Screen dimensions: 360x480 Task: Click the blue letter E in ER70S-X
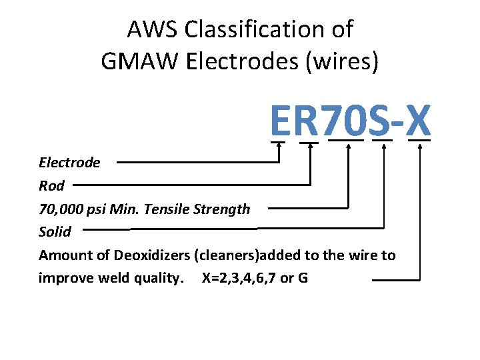click(x=281, y=121)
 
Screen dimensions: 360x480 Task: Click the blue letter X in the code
click(x=419, y=121)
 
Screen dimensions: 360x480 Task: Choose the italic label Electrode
click(x=69, y=163)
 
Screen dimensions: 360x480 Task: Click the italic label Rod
click(x=51, y=186)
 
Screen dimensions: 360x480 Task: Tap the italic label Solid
click(x=55, y=232)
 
